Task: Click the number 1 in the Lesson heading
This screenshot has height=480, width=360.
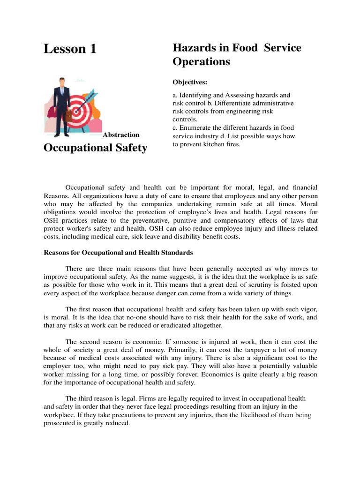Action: [x=91, y=49]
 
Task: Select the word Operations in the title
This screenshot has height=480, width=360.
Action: [x=201, y=61]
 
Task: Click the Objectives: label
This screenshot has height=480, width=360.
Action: [x=190, y=82]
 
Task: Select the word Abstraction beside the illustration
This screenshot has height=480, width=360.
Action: [x=121, y=135]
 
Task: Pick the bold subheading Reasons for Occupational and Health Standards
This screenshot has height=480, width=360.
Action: [x=118, y=253]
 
